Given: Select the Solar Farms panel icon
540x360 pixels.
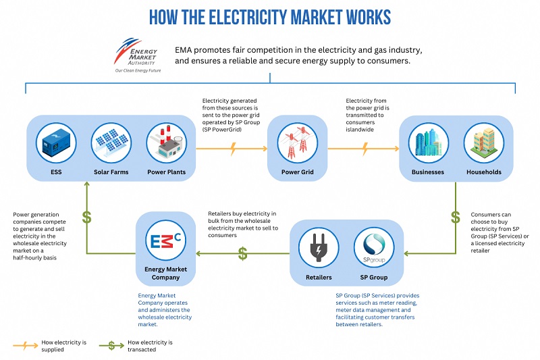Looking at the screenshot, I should click(111, 143).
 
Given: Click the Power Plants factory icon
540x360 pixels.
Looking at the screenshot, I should click(166, 143).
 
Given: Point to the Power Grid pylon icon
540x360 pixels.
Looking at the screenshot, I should click(292, 143).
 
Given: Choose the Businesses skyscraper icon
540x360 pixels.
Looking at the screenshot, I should click(428, 143).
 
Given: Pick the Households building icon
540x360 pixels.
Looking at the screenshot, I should click(484, 143).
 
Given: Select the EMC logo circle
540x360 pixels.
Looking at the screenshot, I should click(162, 239).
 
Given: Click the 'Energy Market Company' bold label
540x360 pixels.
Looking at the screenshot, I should click(162, 273).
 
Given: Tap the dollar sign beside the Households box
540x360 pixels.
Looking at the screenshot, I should click(456, 217).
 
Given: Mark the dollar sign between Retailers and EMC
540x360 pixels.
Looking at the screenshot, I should click(242, 254).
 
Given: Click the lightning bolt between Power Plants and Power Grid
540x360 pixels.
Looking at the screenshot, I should click(232, 148).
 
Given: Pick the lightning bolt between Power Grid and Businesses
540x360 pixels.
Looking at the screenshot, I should click(364, 148).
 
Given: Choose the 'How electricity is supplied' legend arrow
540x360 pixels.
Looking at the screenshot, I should click(26, 345).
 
